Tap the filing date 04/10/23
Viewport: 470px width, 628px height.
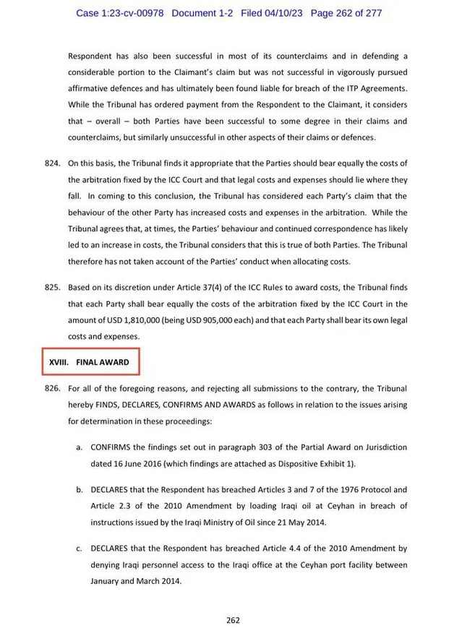pos(286,13)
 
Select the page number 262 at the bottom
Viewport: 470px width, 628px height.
pos(232,619)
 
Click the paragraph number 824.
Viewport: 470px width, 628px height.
pos(52,164)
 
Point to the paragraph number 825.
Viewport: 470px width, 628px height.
pos(52,288)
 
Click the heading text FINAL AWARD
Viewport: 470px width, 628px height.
pos(103,362)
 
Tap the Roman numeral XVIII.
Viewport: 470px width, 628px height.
pos(58,362)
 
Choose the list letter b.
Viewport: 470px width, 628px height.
pos(79,490)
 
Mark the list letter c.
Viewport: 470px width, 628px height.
pos(79,549)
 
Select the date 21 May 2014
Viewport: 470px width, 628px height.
pos(306,522)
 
